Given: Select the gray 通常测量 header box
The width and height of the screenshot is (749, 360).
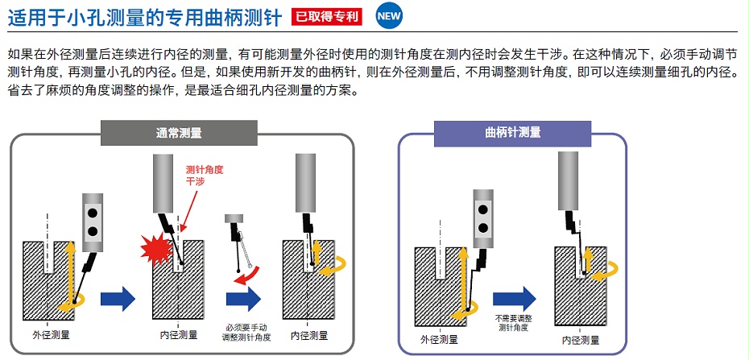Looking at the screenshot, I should (179, 133).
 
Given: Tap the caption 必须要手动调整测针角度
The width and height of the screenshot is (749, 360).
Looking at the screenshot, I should (247, 332).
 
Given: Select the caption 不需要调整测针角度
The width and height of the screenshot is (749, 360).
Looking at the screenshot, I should (513, 323).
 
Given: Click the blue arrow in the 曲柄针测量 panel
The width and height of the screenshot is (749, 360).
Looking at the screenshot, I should (512, 297).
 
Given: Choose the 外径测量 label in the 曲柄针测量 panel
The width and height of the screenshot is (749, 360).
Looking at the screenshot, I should (440, 339).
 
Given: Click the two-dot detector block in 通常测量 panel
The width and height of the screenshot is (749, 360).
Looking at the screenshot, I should (93, 219).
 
